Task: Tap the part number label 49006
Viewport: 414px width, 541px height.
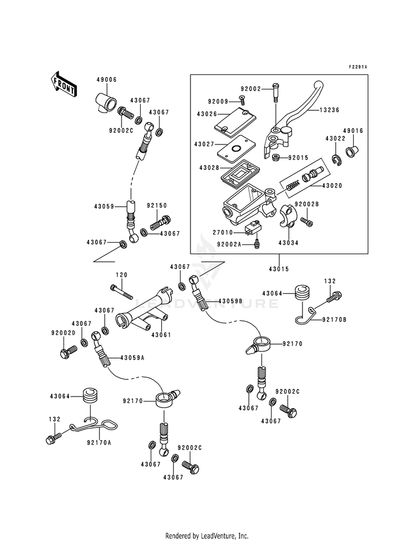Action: [108, 79]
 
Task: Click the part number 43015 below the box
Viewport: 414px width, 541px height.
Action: [279, 269]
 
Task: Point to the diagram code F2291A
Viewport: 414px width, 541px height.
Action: [357, 67]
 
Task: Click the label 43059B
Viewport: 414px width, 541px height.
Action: [230, 301]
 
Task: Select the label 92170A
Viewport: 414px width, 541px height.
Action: [98, 442]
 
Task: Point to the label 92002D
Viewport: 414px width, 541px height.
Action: [62, 333]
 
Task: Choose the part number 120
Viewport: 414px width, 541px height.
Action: [121, 275]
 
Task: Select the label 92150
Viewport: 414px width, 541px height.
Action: [157, 205]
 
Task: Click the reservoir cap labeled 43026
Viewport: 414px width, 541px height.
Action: [230, 120]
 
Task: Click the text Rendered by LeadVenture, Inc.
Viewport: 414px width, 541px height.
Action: [207, 535]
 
